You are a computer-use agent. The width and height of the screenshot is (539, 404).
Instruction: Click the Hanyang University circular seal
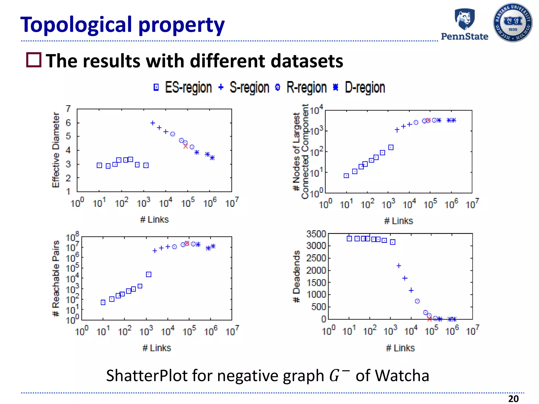512,23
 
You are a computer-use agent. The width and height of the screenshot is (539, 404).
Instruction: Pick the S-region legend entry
244,87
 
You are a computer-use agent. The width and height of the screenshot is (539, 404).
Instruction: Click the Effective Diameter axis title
56,150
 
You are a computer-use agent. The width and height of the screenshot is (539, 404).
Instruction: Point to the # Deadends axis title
297,276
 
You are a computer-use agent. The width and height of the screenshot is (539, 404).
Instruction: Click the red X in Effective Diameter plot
186,146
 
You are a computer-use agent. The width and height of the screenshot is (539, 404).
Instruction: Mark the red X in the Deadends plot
430,319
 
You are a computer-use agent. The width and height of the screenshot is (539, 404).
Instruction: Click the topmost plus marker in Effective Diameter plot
153,123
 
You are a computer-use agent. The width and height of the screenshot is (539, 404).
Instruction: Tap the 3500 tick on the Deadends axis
316,234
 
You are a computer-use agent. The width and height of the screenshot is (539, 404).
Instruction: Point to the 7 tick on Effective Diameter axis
68,109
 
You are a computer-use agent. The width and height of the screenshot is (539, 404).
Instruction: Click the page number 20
513,398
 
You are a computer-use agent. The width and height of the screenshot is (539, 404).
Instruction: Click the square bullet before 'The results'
34,60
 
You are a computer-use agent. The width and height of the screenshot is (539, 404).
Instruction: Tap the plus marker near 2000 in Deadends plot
399,266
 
